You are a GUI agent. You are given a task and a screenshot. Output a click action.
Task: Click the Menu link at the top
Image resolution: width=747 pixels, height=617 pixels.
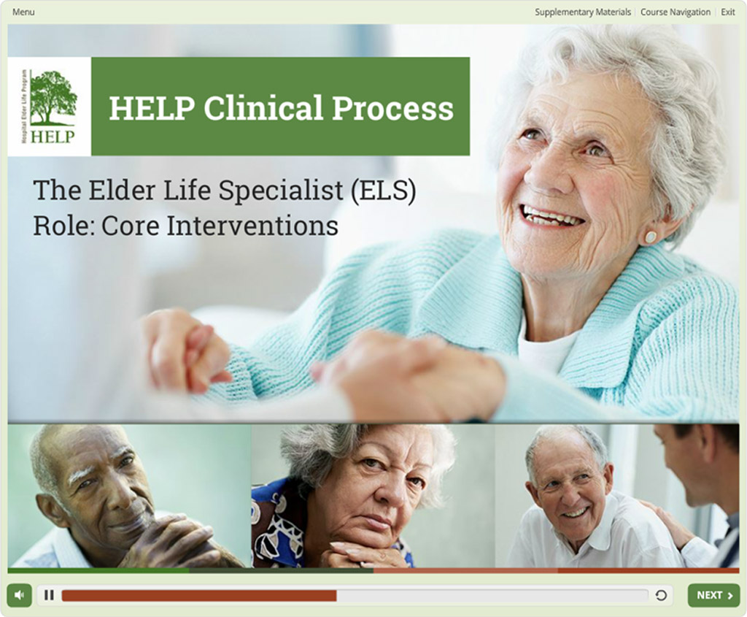point(23,12)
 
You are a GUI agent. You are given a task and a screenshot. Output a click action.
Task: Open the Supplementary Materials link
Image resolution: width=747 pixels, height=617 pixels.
point(582,12)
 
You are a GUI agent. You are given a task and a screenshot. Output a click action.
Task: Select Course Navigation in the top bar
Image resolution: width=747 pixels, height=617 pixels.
point(675,12)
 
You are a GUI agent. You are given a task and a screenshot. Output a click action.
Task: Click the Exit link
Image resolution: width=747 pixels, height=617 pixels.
point(727,12)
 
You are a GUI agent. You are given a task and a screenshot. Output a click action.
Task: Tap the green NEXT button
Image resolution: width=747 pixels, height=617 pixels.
point(713,595)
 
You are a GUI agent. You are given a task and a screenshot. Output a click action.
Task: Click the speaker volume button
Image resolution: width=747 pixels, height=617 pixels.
point(20,595)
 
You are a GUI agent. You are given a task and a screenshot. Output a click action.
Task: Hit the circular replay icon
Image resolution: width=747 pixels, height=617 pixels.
point(661,595)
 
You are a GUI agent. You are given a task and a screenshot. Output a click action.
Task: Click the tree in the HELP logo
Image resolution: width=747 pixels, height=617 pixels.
point(53,95)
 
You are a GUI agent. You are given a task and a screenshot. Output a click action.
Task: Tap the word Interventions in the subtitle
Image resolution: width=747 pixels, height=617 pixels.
point(252,226)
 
